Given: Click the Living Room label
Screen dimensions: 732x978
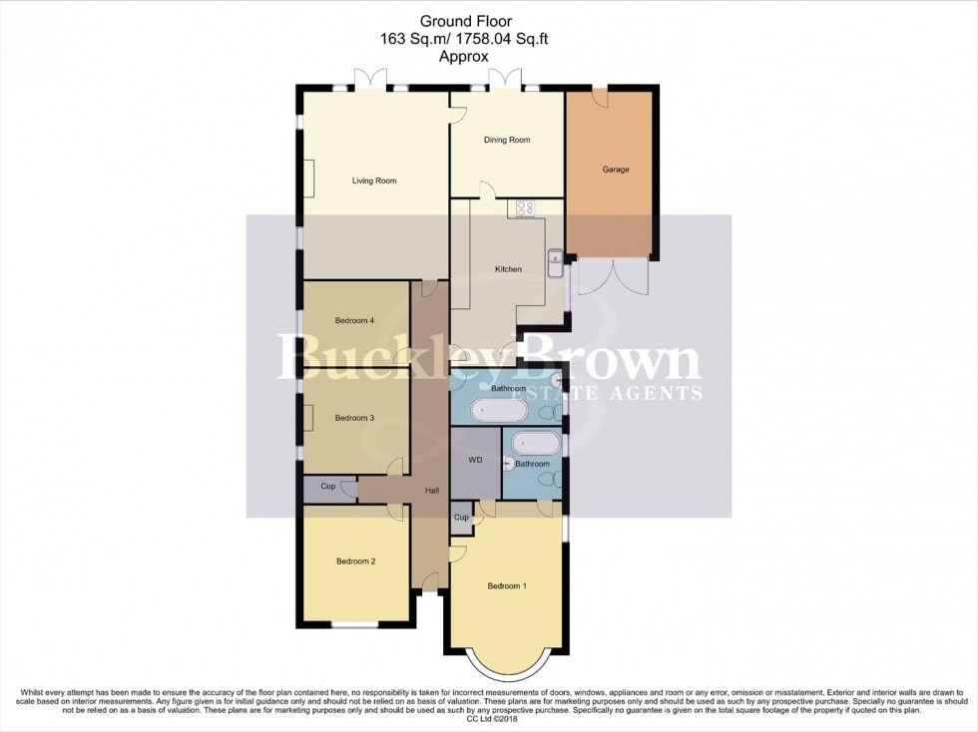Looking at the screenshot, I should pos(374,181).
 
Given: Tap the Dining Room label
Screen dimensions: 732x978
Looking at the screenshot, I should pos(507,140).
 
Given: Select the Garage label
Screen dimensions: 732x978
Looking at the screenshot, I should pos(616,170).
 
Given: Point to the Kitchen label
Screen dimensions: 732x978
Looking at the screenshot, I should pos(508,269).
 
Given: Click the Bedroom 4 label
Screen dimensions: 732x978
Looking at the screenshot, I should pos(354,320).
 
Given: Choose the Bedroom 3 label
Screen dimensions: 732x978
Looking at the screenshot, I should pos(354,418).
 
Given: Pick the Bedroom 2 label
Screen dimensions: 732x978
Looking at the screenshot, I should pos(355,561).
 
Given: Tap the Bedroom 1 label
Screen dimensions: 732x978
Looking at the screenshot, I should pos(506,585).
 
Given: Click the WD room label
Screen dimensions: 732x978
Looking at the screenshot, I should pos(475,462).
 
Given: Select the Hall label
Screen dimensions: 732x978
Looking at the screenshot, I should pos(432,490).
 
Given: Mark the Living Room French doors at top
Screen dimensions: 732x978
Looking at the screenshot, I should pos(370,78).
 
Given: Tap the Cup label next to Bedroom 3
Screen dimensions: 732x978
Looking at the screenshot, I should pos(327,487).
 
